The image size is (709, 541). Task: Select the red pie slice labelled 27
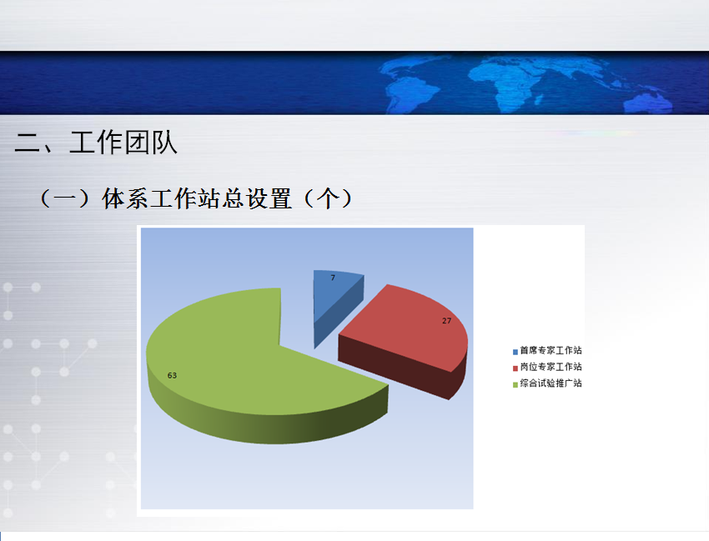pos(407,334)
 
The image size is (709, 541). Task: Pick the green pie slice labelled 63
pos(254,362)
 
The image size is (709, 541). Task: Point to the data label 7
pos(333,278)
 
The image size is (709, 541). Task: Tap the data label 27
pos(447,321)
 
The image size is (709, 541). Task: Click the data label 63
pos(173,376)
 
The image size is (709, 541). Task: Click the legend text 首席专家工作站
pos(551,350)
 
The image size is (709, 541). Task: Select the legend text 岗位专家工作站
pos(551,367)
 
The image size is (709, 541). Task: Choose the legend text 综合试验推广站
pos(551,383)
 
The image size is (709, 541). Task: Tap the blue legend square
pos(515,352)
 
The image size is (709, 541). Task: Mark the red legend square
pos(515,368)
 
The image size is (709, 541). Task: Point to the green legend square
pos(515,384)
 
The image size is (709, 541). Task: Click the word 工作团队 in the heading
pos(123,143)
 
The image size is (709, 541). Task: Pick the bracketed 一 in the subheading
pos(65,199)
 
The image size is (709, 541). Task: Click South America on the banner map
pos(410,96)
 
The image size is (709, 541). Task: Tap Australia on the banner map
pos(647,104)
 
